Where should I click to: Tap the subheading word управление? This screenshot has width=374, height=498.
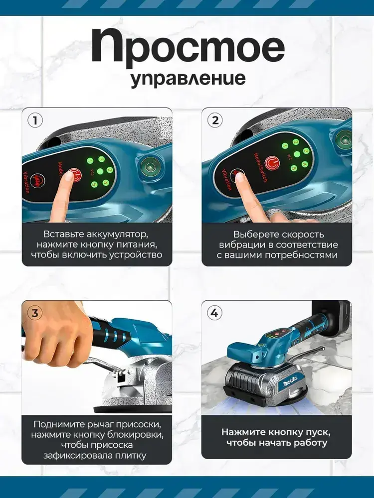click(188, 79)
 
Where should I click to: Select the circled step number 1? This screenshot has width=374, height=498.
click(35, 121)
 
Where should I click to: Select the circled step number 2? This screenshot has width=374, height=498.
click(215, 121)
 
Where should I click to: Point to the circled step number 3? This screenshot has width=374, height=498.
click(35, 313)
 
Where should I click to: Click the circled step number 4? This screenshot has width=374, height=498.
click(215, 313)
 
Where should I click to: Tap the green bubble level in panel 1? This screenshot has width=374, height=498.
click(149, 166)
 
